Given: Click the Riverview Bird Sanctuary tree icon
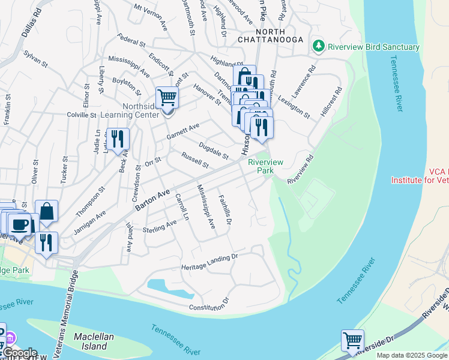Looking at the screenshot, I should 318,46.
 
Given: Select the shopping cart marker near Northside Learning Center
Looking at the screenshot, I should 167,97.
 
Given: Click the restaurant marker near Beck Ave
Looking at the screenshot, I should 118,139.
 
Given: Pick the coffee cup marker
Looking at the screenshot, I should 19,224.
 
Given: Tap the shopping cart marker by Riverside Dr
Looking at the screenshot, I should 352,340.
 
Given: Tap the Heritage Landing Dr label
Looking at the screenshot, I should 210,262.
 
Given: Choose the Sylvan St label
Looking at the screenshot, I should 35,58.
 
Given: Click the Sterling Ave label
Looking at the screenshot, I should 160,226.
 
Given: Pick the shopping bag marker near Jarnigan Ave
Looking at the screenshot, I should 46,211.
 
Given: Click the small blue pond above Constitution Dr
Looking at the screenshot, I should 170,288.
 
